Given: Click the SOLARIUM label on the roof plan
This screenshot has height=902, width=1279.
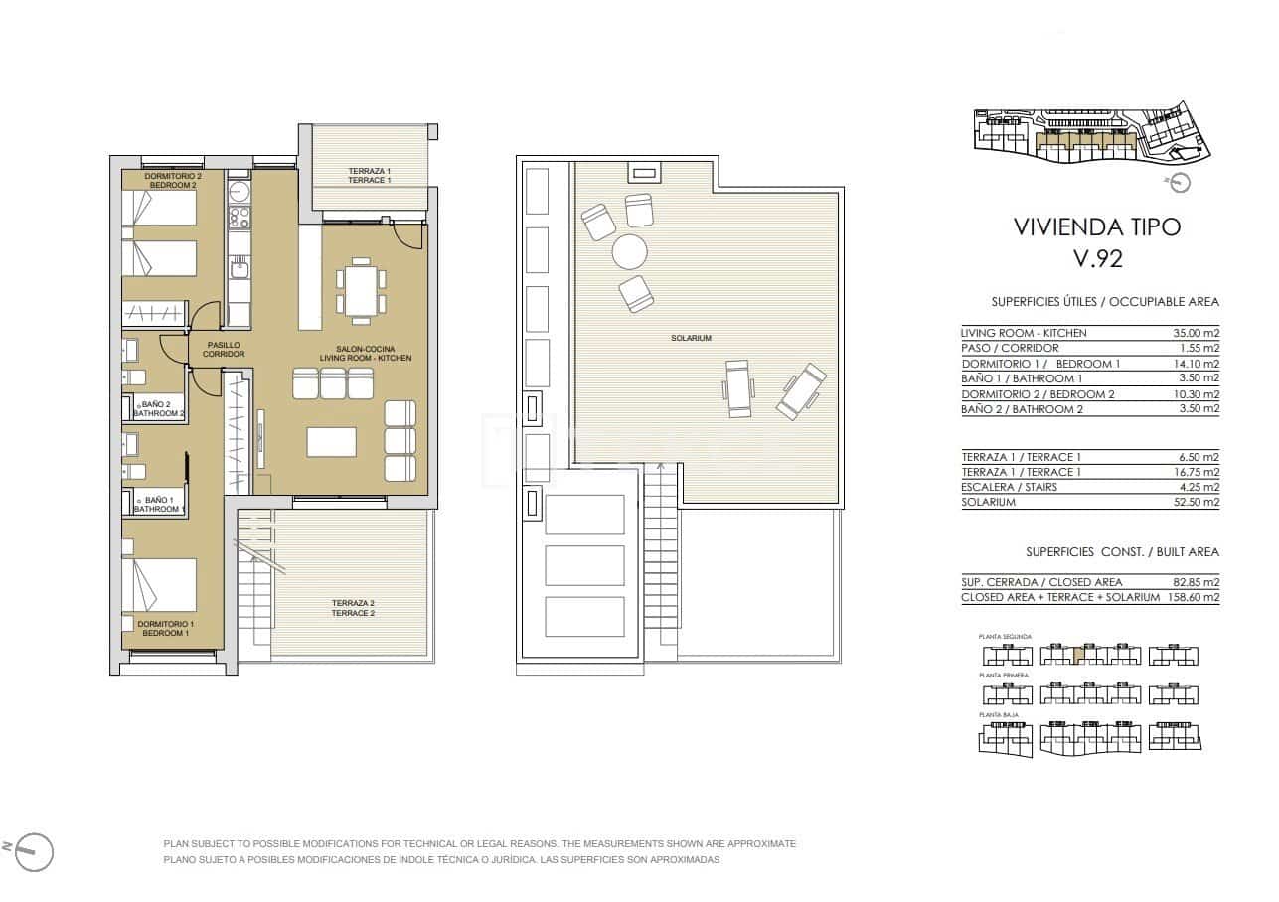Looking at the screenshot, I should click(691, 339).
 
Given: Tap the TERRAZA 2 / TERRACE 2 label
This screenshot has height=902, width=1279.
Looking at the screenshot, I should click(353, 608).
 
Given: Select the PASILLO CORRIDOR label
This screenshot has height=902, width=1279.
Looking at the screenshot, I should click(224, 349).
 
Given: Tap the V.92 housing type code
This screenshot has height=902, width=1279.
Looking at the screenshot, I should click(1097, 259).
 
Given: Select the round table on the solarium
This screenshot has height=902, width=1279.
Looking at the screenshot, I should click(629, 251).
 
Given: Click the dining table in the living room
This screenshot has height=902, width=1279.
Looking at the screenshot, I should click(360, 291).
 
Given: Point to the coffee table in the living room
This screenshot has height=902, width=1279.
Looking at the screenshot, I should click(331, 441).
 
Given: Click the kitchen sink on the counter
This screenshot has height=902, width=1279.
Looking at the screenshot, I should click(240, 267).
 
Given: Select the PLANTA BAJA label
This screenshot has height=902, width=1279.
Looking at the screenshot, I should click(998, 715).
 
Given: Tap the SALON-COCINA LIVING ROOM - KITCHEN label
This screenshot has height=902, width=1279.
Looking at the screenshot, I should click(366, 354).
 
